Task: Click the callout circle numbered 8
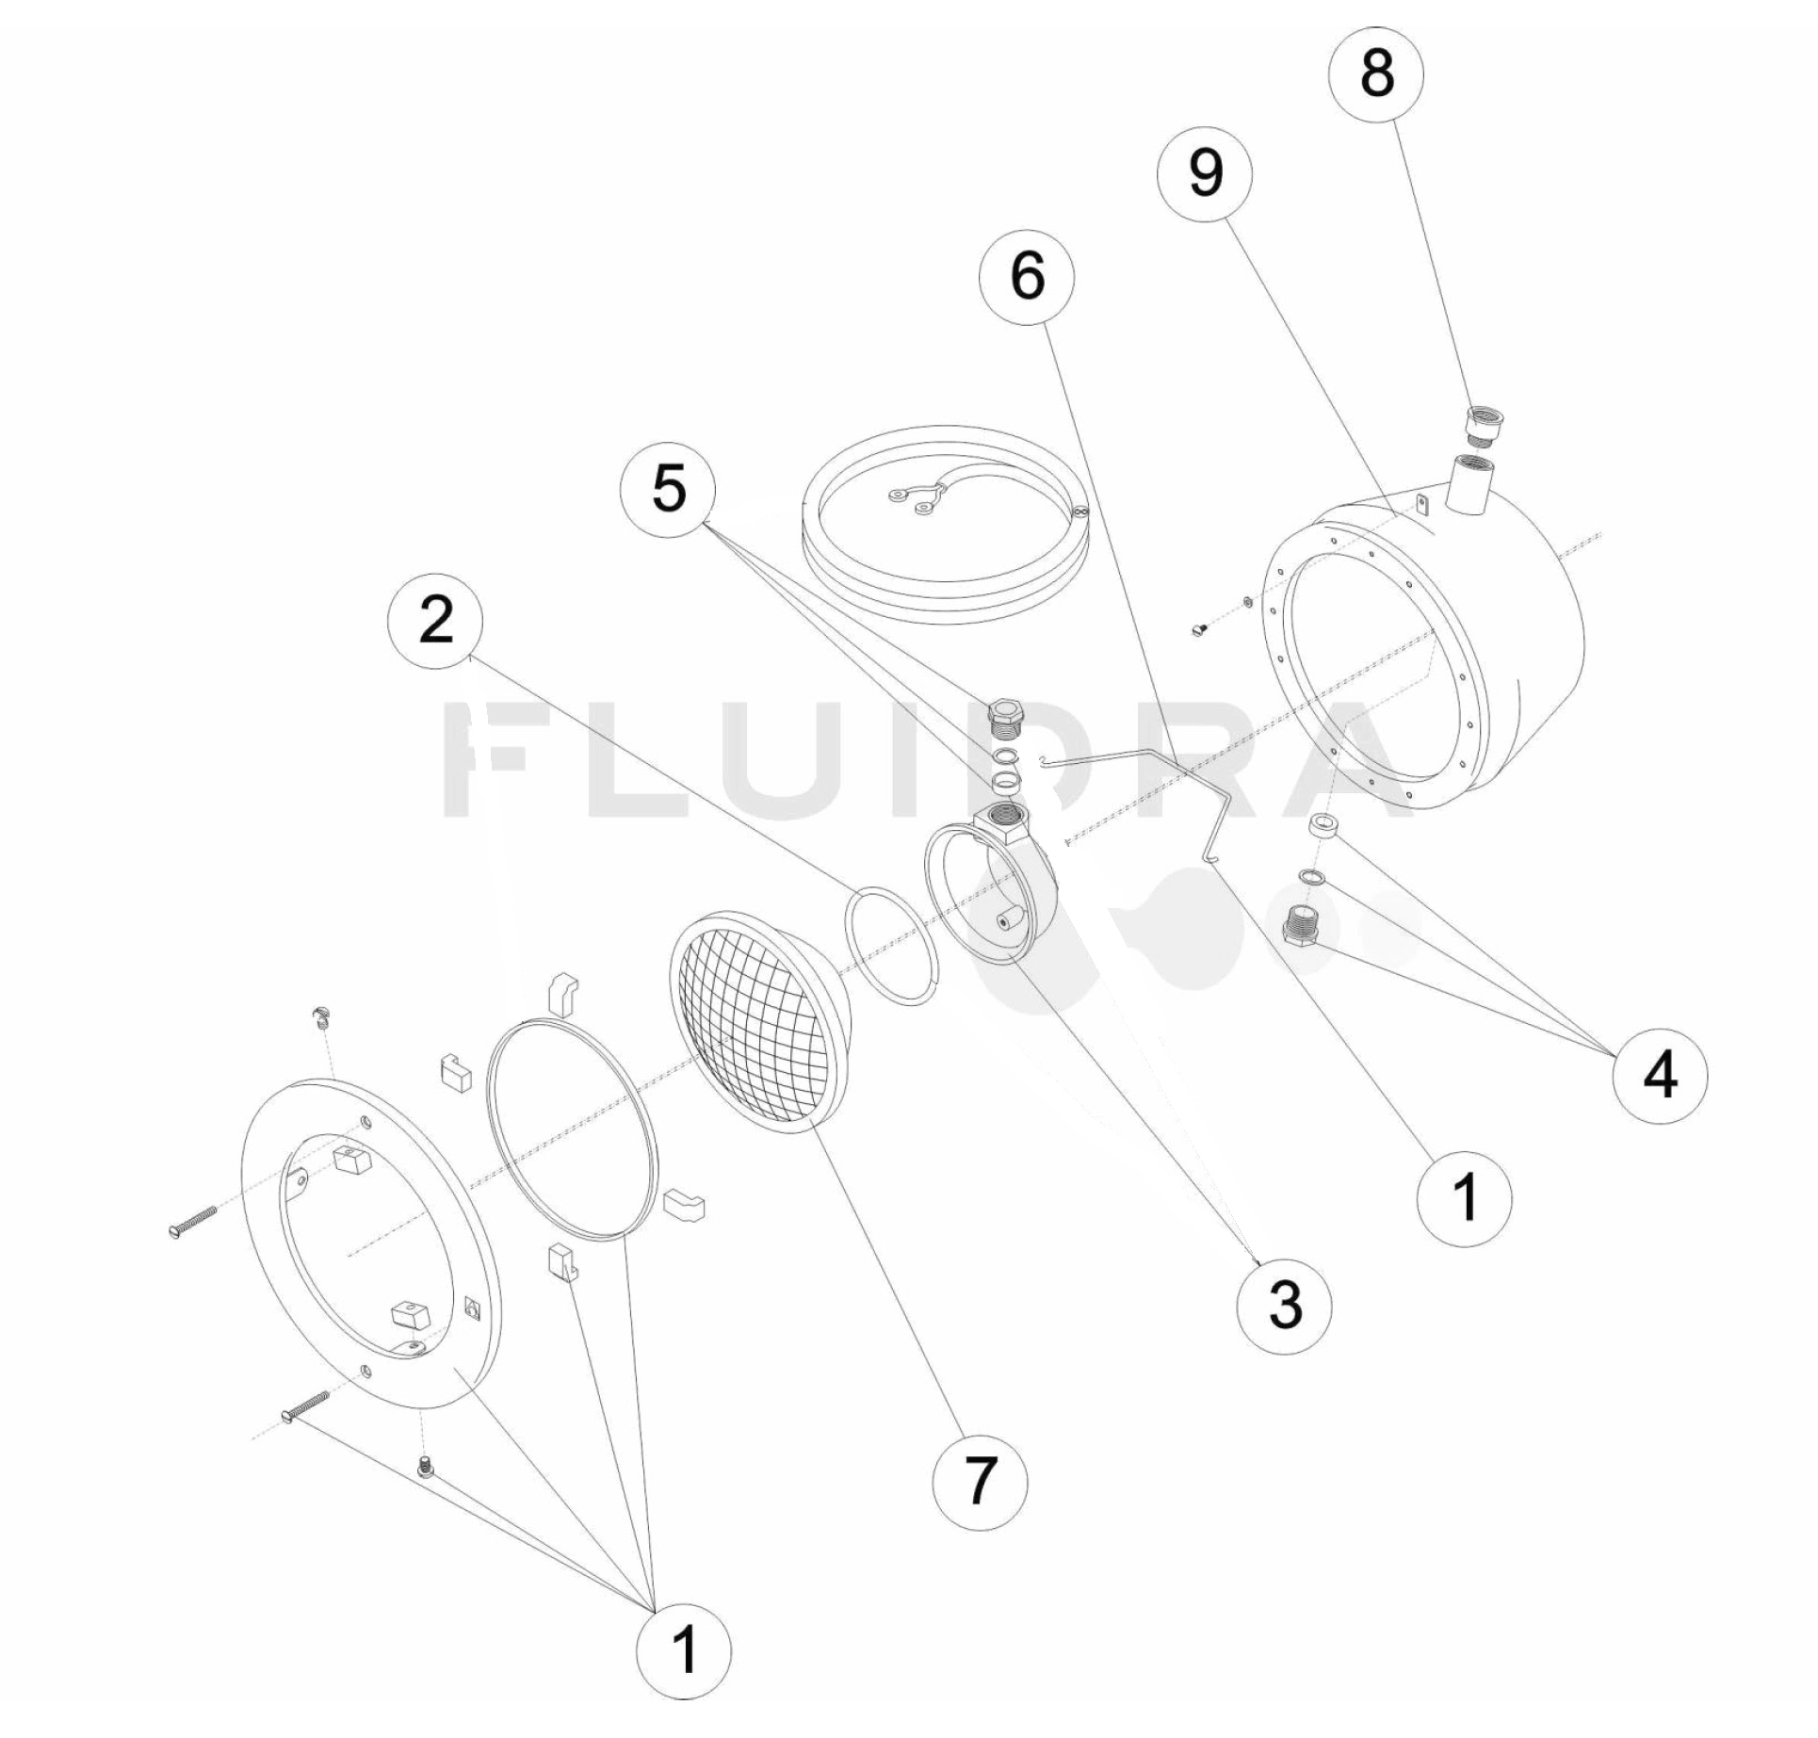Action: click(x=1376, y=74)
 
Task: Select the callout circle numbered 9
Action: click(x=1206, y=173)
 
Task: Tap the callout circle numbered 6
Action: click(x=1027, y=276)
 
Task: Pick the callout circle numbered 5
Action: click(x=668, y=489)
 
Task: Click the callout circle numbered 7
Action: click(x=980, y=1480)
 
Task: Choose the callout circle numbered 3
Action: click(x=1285, y=1305)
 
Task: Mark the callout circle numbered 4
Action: click(x=1660, y=1075)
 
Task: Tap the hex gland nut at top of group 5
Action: click(x=1007, y=718)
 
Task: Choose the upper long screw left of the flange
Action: click(x=193, y=1223)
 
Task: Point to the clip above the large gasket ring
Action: click(x=562, y=993)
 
